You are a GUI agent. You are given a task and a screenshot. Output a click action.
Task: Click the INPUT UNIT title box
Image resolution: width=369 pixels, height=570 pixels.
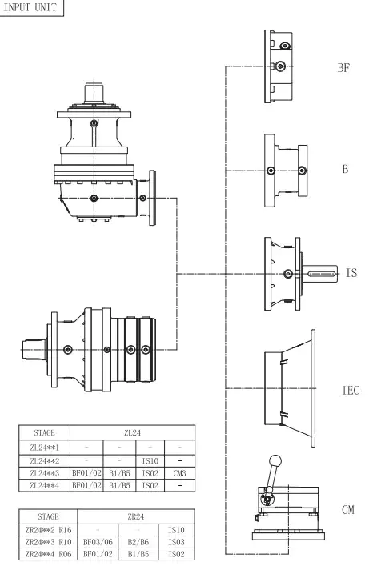[31, 7]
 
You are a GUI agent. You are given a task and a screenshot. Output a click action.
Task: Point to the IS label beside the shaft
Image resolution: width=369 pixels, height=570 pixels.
[351, 273]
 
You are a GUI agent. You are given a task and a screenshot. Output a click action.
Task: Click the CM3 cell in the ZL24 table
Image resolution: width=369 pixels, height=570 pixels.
[179, 474]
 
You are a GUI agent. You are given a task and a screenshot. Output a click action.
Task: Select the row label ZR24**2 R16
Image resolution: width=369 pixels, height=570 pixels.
[45, 531]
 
